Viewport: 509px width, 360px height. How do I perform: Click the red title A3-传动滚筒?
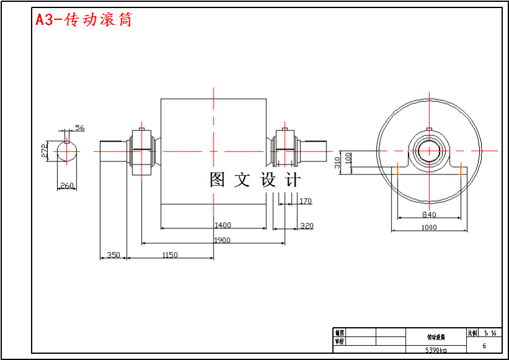click(x=84, y=20)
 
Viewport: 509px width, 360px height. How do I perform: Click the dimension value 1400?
click(x=222, y=225)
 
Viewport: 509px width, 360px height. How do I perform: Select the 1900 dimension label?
click(x=222, y=240)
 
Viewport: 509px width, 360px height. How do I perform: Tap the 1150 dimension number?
click(x=169, y=254)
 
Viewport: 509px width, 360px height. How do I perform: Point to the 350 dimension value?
click(x=114, y=254)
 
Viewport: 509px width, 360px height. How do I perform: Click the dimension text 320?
click(x=307, y=225)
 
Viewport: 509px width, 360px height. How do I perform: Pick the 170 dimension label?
click(x=305, y=201)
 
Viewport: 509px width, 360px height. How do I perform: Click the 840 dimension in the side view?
click(x=429, y=215)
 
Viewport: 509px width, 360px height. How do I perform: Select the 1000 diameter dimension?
click(x=429, y=227)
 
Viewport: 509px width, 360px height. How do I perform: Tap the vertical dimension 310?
click(x=338, y=163)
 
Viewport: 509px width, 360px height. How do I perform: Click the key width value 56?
click(x=79, y=128)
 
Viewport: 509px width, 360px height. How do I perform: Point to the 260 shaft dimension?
click(x=67, y=185)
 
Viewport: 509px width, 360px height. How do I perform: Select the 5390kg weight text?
click(x=435, y=350)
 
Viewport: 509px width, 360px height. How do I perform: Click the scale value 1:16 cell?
click(x=490, y=333)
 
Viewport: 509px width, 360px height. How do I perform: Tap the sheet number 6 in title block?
click(x=484, y=346)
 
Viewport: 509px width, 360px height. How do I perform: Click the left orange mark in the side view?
click(x=398, y=169)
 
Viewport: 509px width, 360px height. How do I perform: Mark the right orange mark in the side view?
click(x=461, y=169)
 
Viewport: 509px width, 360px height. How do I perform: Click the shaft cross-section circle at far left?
click(x=66, y=151)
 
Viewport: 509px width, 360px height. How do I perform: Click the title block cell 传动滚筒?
click(x=436, y=338)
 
